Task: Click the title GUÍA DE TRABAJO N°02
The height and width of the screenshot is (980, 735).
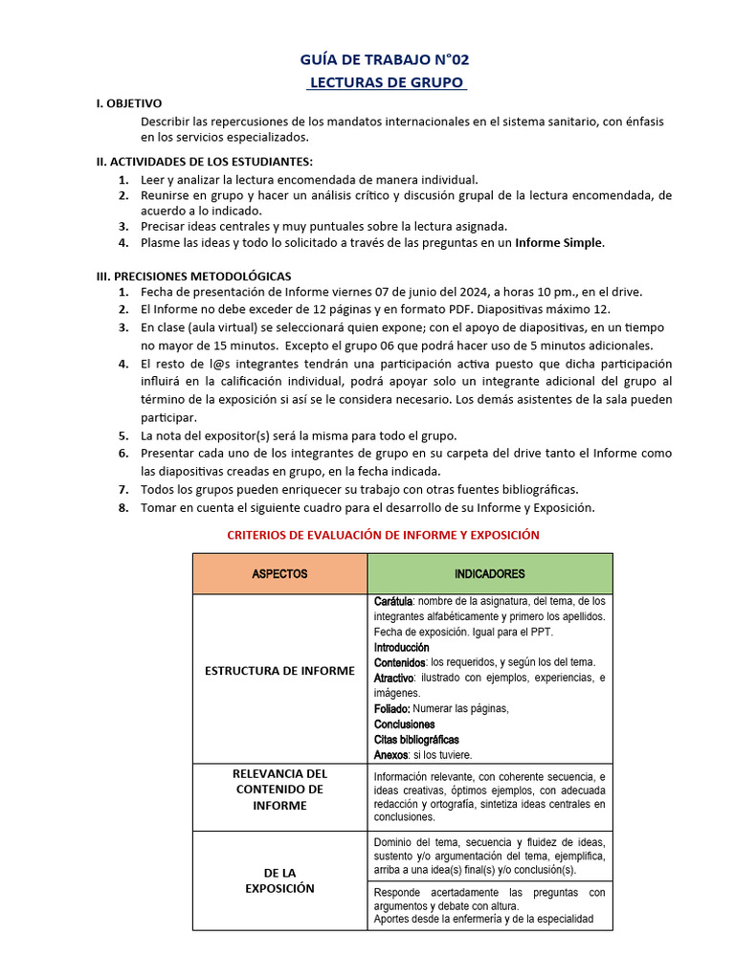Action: pyautogui.click(x=386, y=60)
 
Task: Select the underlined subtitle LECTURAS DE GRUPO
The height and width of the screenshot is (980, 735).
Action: pyautogui.click(x=386, y=83)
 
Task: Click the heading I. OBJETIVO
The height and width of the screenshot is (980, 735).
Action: pyautogui.click(x=129, y=103)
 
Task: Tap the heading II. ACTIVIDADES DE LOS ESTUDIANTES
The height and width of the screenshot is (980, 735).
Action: pyautogui.click(x=205, y=161)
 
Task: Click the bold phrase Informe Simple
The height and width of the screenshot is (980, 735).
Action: pyautogui.click(x=559, y=243)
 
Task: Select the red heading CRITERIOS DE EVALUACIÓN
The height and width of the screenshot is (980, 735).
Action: pyautogui.click(x=383, y=535)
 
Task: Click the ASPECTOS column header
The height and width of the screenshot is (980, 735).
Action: pyautogui.click(x=279, y=574)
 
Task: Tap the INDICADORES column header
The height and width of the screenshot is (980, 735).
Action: pyautogui.click(x=489, y=574)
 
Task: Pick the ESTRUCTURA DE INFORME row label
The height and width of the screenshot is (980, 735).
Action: pyautogui.click(x=279, y=671)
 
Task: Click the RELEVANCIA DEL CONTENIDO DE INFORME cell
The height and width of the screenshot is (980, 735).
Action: pyautogui.click(x=279, y=790)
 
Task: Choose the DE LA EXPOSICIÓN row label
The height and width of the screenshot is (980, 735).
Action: pyautogui.click(x=279, y=880)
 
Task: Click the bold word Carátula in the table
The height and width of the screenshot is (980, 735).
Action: pyautogui.click(x=393, y=601)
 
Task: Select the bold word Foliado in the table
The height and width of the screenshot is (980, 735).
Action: pyautogui.click(x=391, y=709)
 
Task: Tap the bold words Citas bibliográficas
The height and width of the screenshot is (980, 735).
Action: pyautogui.click(x=416, y=740)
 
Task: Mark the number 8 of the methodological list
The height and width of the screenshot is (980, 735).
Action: pyautogui.click(x=123, y=508)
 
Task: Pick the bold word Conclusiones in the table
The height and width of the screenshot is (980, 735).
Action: pyautogui.click(x=404, y=724)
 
